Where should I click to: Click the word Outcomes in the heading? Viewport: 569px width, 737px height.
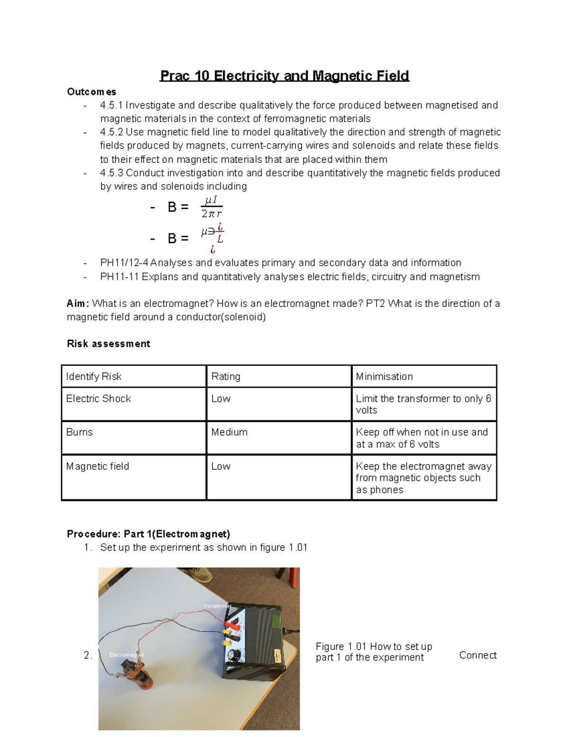pyautogui.click(x=92, y=92)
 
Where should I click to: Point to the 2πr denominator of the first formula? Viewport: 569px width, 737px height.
pyautogui.click(x=211, y=214)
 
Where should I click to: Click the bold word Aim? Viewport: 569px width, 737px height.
pyautogui.click(x=77, y=303)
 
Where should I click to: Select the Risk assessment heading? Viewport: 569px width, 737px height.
pyautogui.click(x=108, y=344)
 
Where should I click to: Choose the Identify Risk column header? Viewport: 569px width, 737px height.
pyautogui.click(x=94, y=376)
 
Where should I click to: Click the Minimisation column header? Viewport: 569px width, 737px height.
pyautogui.click(x=384, y=376)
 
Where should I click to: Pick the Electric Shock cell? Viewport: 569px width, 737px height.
pyautogui.click(x=99, y=399)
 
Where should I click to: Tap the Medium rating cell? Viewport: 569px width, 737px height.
pyautogui.click(x=229, y=432)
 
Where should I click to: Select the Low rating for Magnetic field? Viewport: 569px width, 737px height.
pyautogui.click(x=221, y=466)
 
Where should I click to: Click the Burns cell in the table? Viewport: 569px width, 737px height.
pyautogui.click(x=80, y=432)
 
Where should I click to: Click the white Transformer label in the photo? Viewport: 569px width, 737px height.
pyautogui.click(x=217, y=606)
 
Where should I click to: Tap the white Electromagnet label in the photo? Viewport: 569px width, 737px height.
pyautogui.click(x=126, y=655)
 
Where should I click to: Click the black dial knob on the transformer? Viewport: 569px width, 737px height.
pyautogui.click(x=233, y=655)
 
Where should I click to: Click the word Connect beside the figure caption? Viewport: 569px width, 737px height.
pyautogui.click(x=477, y=655)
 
